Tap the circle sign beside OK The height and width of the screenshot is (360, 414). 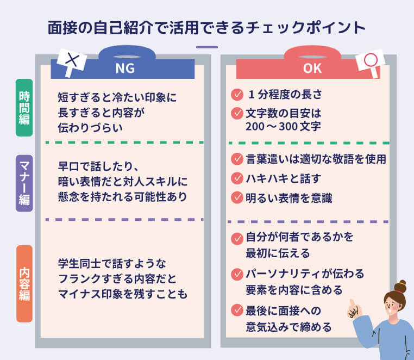pos(372,61)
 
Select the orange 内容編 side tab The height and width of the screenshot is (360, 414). pos(24,283)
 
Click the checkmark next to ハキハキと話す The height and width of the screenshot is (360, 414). pos(237,178)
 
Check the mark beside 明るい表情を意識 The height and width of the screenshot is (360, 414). pos(237,197)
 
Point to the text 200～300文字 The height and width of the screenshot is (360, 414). pos(283,126)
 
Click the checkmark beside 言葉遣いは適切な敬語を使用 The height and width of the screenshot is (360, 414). pos(237,159)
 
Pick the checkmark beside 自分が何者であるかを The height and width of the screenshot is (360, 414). pos(237,238)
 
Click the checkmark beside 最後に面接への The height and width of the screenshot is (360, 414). pos(237,311)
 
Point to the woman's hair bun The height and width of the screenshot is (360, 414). pos(400,285)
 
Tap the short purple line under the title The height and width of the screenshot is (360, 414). pos(206,47)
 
